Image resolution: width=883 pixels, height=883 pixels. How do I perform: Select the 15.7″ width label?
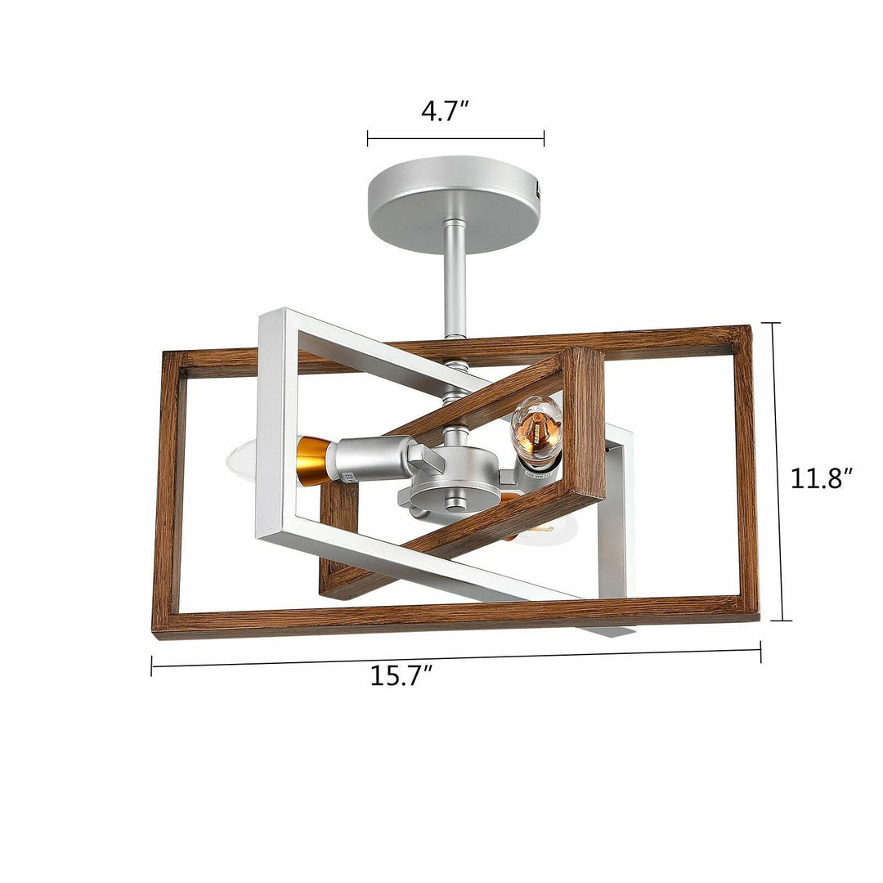pyautogui.click(x=401, y=675)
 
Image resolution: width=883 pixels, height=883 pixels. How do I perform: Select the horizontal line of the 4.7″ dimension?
pyautogui.click(x=455, y=138)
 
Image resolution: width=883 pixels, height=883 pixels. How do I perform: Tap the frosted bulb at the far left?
pyautogui.click(x=241, y=460)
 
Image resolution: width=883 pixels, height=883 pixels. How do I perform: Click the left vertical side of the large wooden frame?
pyautogui.click(x=167, y=491)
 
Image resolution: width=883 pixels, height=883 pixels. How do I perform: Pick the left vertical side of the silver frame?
pyautogui.click(x=269, y=425)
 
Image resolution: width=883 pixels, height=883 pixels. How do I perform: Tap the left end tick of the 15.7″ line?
pyautogui.click(x=152, y=666)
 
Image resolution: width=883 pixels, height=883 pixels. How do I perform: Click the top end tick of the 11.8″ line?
pyautogui.click(x=776, y=324)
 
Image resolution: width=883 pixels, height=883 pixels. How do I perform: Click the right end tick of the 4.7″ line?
pyautogui.click(x=544, y=138)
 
